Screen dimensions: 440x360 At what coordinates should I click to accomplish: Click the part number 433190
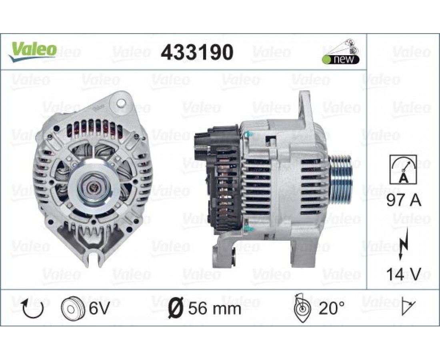(197, 52)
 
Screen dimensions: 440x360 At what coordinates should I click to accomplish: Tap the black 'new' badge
(340, 60)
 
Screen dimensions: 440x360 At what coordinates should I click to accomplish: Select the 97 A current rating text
(404, 200)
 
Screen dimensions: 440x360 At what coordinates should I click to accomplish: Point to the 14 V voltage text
(404, 274)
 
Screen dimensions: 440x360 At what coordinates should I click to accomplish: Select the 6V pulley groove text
(99, 308)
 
